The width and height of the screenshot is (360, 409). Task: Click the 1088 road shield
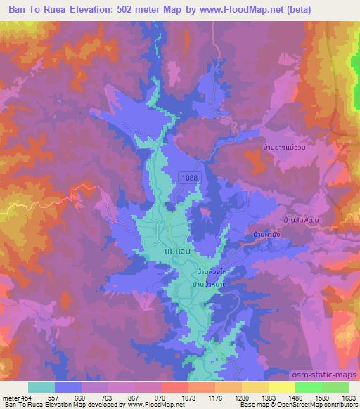coord(188,179)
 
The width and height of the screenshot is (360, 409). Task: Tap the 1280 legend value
coord(241,397)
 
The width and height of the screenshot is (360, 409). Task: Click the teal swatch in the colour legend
coord(41,387)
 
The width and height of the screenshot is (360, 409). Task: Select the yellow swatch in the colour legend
coord(282,387)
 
